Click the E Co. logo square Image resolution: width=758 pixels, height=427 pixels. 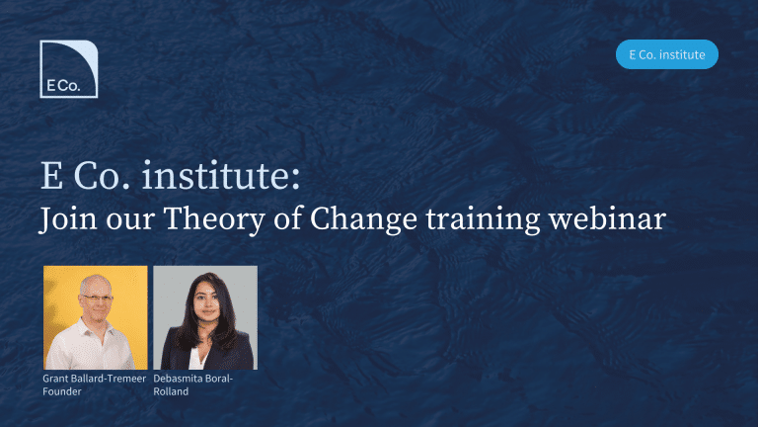coord(69,69)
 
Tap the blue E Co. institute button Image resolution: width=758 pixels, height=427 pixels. coord(666,54)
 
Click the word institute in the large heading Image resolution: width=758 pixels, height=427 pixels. coord(221,175)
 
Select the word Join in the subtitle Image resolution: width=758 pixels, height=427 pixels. coord(68,219)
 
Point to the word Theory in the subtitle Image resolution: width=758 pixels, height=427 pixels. coord(214,220)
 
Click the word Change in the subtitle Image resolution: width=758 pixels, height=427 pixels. coord(363,220)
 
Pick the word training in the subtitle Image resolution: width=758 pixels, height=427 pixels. coord(483,220)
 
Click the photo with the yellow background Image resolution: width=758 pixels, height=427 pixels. coord(96,317)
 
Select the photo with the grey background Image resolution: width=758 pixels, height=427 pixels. coord(205,317)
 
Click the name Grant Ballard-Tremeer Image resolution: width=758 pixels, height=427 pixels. coord(95,379)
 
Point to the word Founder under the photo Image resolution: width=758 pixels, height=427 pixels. coord(62,391)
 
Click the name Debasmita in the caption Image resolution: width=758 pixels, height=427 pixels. coord(176,379)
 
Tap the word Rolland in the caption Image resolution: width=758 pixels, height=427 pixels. coord(171,391)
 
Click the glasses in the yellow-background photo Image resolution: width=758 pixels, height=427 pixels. coord(97,299)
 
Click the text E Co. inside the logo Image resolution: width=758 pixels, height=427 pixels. coord(63,86)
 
